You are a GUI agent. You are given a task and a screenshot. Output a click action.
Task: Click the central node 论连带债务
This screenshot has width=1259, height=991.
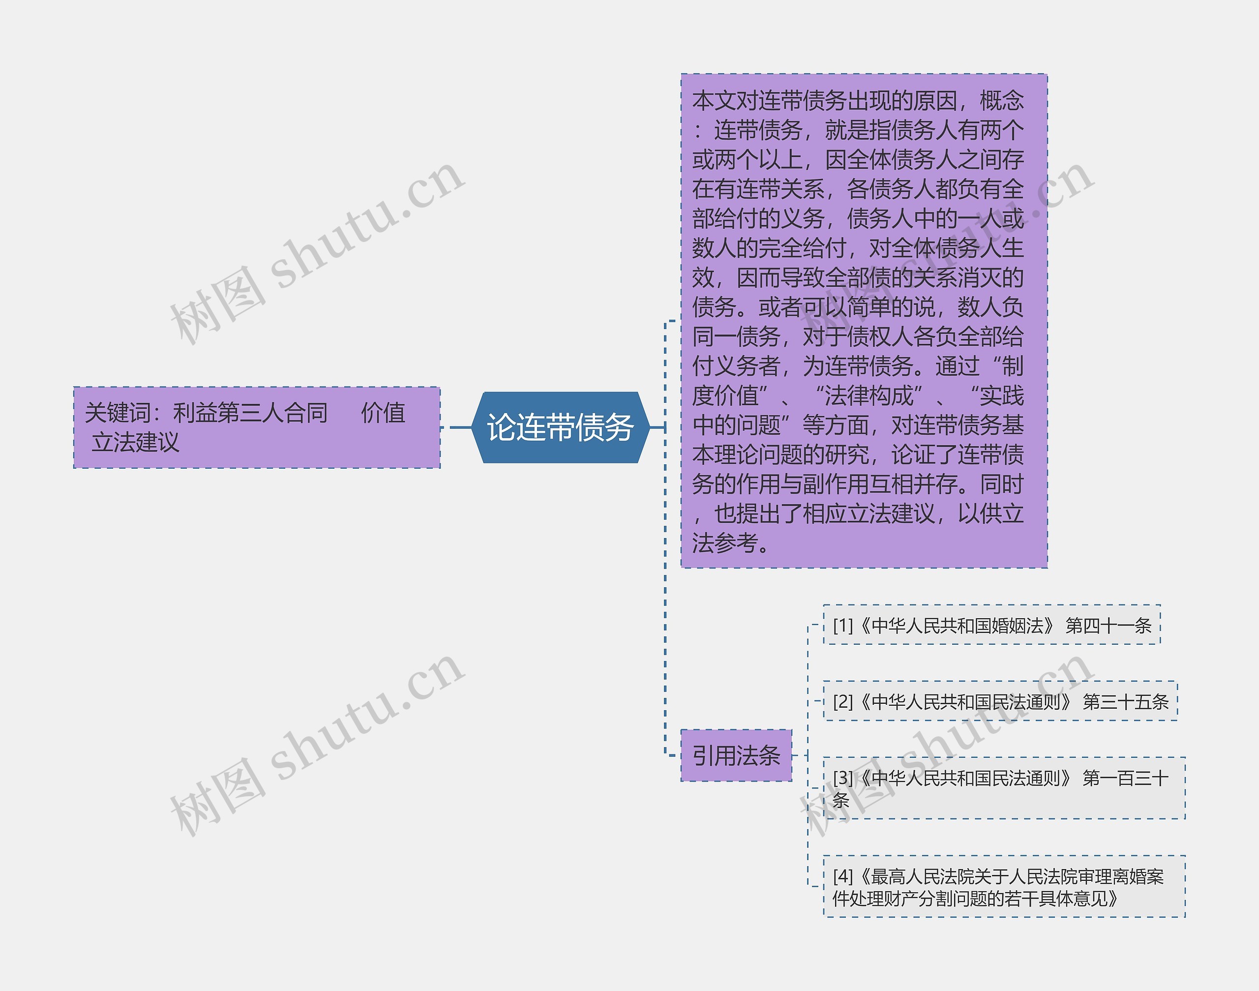pyautogui.click(x=560, y=427)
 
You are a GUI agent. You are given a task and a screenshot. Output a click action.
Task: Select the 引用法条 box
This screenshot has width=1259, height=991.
pyautogui.click(x=736, y=755)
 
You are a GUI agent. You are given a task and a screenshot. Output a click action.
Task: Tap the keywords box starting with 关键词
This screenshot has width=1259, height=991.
pyautogui.click(x=256, y=427)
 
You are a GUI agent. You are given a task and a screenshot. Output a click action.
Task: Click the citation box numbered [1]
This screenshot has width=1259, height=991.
pyautogui.click(x=991, y=626)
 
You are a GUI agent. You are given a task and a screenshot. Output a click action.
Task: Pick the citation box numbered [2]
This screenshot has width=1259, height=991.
pyautogui.click(x=1000, y=701)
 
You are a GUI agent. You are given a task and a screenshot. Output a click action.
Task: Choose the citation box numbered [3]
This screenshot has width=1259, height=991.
pyautogui.click(x=1004, y=788)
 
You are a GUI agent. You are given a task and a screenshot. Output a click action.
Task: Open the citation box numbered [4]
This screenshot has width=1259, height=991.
pyautogui.click(x=1004, y=887)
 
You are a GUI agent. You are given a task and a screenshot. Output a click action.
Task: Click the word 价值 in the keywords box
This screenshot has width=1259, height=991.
pyautogui.click(x=383, y=413)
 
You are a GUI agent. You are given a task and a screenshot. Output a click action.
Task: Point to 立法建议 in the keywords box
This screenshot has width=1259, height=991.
pyautogui.click(x=136, y=443)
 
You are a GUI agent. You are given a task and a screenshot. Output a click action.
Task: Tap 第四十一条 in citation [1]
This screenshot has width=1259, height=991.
pyautogui.click(x=1108, y=626)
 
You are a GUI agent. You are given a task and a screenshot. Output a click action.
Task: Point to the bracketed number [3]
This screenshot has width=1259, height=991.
pyautogui.click(x=842, y=778)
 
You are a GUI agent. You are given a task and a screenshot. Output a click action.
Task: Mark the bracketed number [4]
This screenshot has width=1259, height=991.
pyautogui.click(x=842, y=876)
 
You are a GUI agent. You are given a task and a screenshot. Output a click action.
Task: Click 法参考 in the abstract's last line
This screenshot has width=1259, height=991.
pyautogui.click(x=725, y=543)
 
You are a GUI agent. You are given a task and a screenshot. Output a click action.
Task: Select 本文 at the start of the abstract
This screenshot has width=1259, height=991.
pyautogui.click(x=714, y=101)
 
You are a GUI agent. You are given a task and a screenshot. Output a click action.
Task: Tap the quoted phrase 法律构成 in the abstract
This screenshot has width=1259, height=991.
pyautogui.click(x=869, y=396)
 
